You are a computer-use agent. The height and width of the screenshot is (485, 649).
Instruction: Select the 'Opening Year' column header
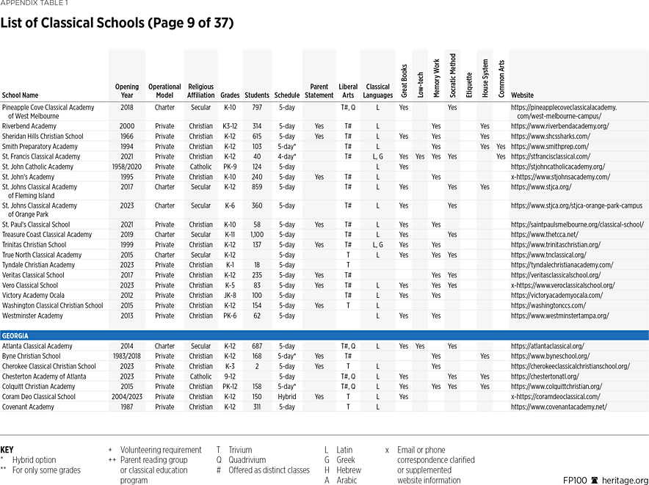[126, 91]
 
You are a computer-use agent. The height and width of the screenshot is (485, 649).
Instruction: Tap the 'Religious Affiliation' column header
[200, 91]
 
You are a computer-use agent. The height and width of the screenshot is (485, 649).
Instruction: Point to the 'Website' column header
[522, 95]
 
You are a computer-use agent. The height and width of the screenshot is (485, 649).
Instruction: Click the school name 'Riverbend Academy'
[29, 126]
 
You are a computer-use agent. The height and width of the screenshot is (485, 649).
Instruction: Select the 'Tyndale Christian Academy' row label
[38, 265]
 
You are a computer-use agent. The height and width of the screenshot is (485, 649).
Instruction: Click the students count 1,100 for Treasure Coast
[257, 235]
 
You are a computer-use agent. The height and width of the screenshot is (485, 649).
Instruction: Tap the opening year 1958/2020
[126, 167]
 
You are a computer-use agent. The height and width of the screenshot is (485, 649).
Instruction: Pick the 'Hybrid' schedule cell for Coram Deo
[286, 397]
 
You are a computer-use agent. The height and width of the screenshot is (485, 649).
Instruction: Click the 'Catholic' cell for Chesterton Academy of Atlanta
[200, 376]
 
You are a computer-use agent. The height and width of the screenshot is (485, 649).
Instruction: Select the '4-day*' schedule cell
[286, 156]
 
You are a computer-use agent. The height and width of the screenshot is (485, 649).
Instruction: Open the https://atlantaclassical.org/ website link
[548, 346]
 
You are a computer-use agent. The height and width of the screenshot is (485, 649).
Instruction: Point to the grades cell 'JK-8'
[230, 296]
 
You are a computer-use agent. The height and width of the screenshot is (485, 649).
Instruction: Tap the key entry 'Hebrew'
[349, 470]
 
